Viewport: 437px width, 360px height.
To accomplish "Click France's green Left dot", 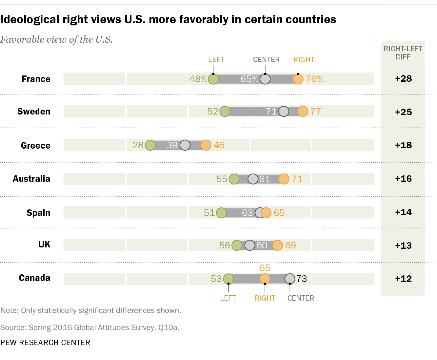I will pyautogui.click(x=213, y=79).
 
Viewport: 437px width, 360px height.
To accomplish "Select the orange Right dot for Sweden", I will pyautogui.click(x=303, y=112).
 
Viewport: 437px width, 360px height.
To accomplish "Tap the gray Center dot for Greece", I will pyautogui.click(x=185, y=145).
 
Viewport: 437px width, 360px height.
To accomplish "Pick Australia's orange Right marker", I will pyautogui.click(x=284, y=179).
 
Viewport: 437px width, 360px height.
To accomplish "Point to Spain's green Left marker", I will pyautogui.click(x=221, y=213).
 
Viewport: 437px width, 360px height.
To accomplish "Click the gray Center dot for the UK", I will pyautogui.click(x=250, y=245).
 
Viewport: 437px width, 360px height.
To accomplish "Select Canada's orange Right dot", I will pyautogui.click(x=265, y=279).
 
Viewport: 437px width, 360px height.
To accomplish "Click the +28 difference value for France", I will pyautogui.click(x=403, y=79).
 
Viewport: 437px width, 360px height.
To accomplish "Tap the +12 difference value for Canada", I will pyautogui.click(x=403, y=279).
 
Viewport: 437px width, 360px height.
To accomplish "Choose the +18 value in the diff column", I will pyautogui.click(x=403, y=145).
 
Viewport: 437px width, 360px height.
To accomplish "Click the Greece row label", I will pyautogui.click(x=35, y=145).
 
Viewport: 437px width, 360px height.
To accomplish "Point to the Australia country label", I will pyautogui.click(x=31, y=179).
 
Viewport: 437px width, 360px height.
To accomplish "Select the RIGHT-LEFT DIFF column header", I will pyautogui.click(x=403, y=53).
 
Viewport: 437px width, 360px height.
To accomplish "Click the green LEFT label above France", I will pyautogui.click(x=216, y=60).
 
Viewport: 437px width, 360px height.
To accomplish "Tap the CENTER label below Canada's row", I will pyautogui.click(x=301, y=298).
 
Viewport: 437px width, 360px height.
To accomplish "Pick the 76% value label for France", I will pyautogui.click(x=315, y=79).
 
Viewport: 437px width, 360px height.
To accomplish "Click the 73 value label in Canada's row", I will pyautogui.click(x=302, y=279).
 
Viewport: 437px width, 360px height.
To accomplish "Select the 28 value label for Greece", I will pyautogui.click(x=138, y=145).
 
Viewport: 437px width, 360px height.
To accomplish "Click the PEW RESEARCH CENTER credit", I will pyautogui.click(x=45, y=343).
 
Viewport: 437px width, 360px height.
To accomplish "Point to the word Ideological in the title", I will pyautogui.click(x=29, y=20).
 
